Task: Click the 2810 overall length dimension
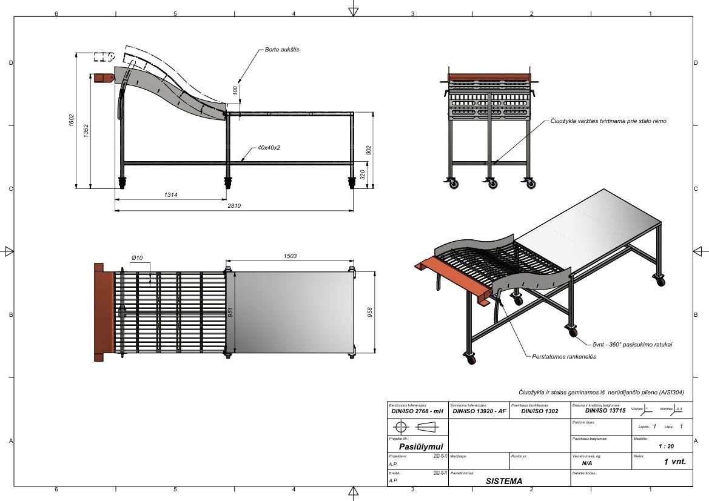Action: [x=234, y=206]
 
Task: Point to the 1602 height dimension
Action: [x=72, y=121]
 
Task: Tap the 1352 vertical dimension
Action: [x=86, y=131]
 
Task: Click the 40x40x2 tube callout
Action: [x=269, y=147]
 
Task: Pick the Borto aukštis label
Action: [x=281, y=50]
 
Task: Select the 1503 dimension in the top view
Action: [x=290, y=256]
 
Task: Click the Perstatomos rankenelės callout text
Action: [x=563, y=357]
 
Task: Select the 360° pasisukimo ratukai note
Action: [x=633, y=344]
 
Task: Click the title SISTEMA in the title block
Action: [x=503, y=481]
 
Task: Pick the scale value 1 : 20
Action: [x=665, y=446]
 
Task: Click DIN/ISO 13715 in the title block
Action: [x=597, y=411]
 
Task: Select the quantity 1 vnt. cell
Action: [x=674, y=462]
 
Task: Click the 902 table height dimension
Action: [x=369, y=150]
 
